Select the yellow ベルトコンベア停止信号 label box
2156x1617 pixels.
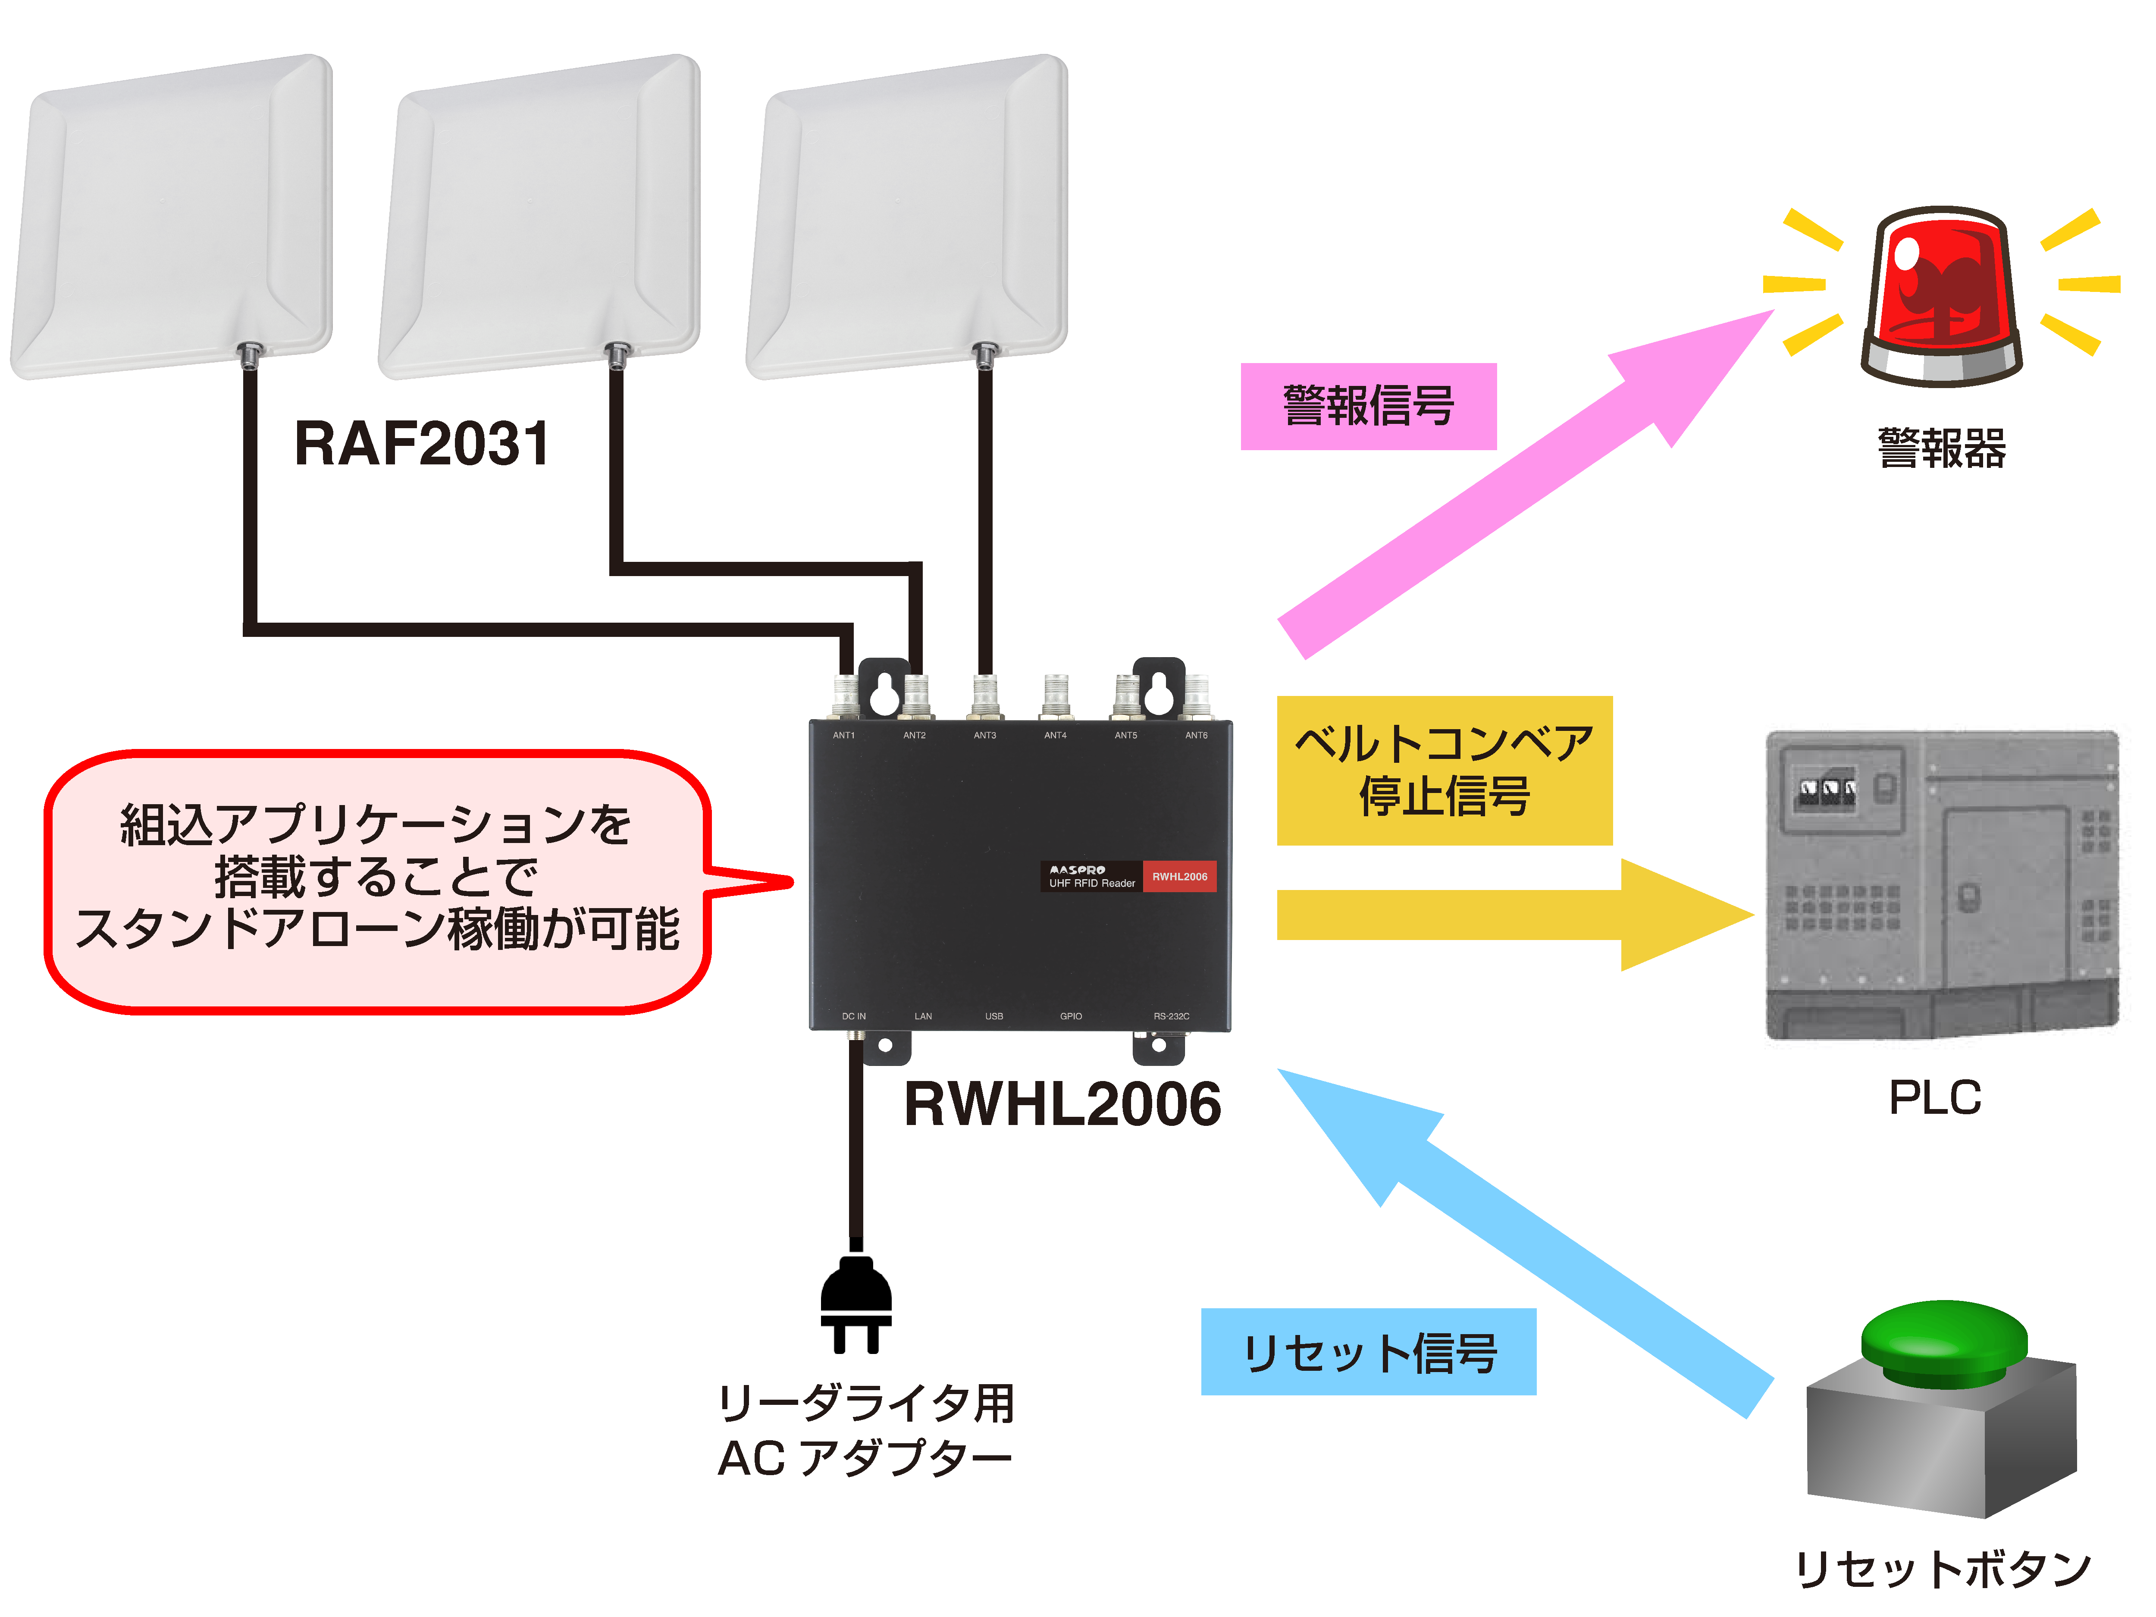pyautogui.click(x=1444, y=770)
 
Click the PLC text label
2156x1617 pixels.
pyautogui.click(x=1935, y=1097)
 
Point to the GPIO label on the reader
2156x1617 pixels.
pyautogui.click(x=1071, y=1017)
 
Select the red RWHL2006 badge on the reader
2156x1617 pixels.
pyautogui.click(x=1179, y=876)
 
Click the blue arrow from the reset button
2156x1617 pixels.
pyautogui.click(x=1520, y=1238)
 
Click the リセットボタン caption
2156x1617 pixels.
pyautogui.click(x=1943, y=1569)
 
